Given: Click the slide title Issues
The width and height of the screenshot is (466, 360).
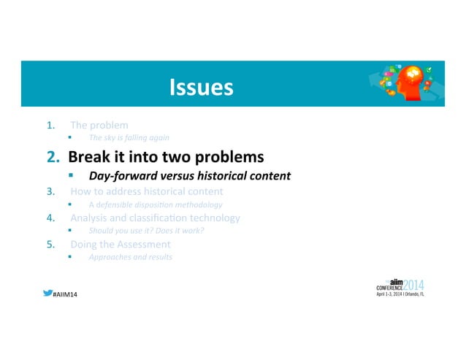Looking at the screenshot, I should [x=201, y=88].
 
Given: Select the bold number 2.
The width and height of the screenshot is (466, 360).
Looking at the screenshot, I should [x=53, y=157].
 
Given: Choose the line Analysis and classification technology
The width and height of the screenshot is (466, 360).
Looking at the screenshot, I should [x=154, y=218].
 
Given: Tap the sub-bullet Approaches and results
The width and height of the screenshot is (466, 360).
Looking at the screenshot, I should [x=131, y=257].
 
